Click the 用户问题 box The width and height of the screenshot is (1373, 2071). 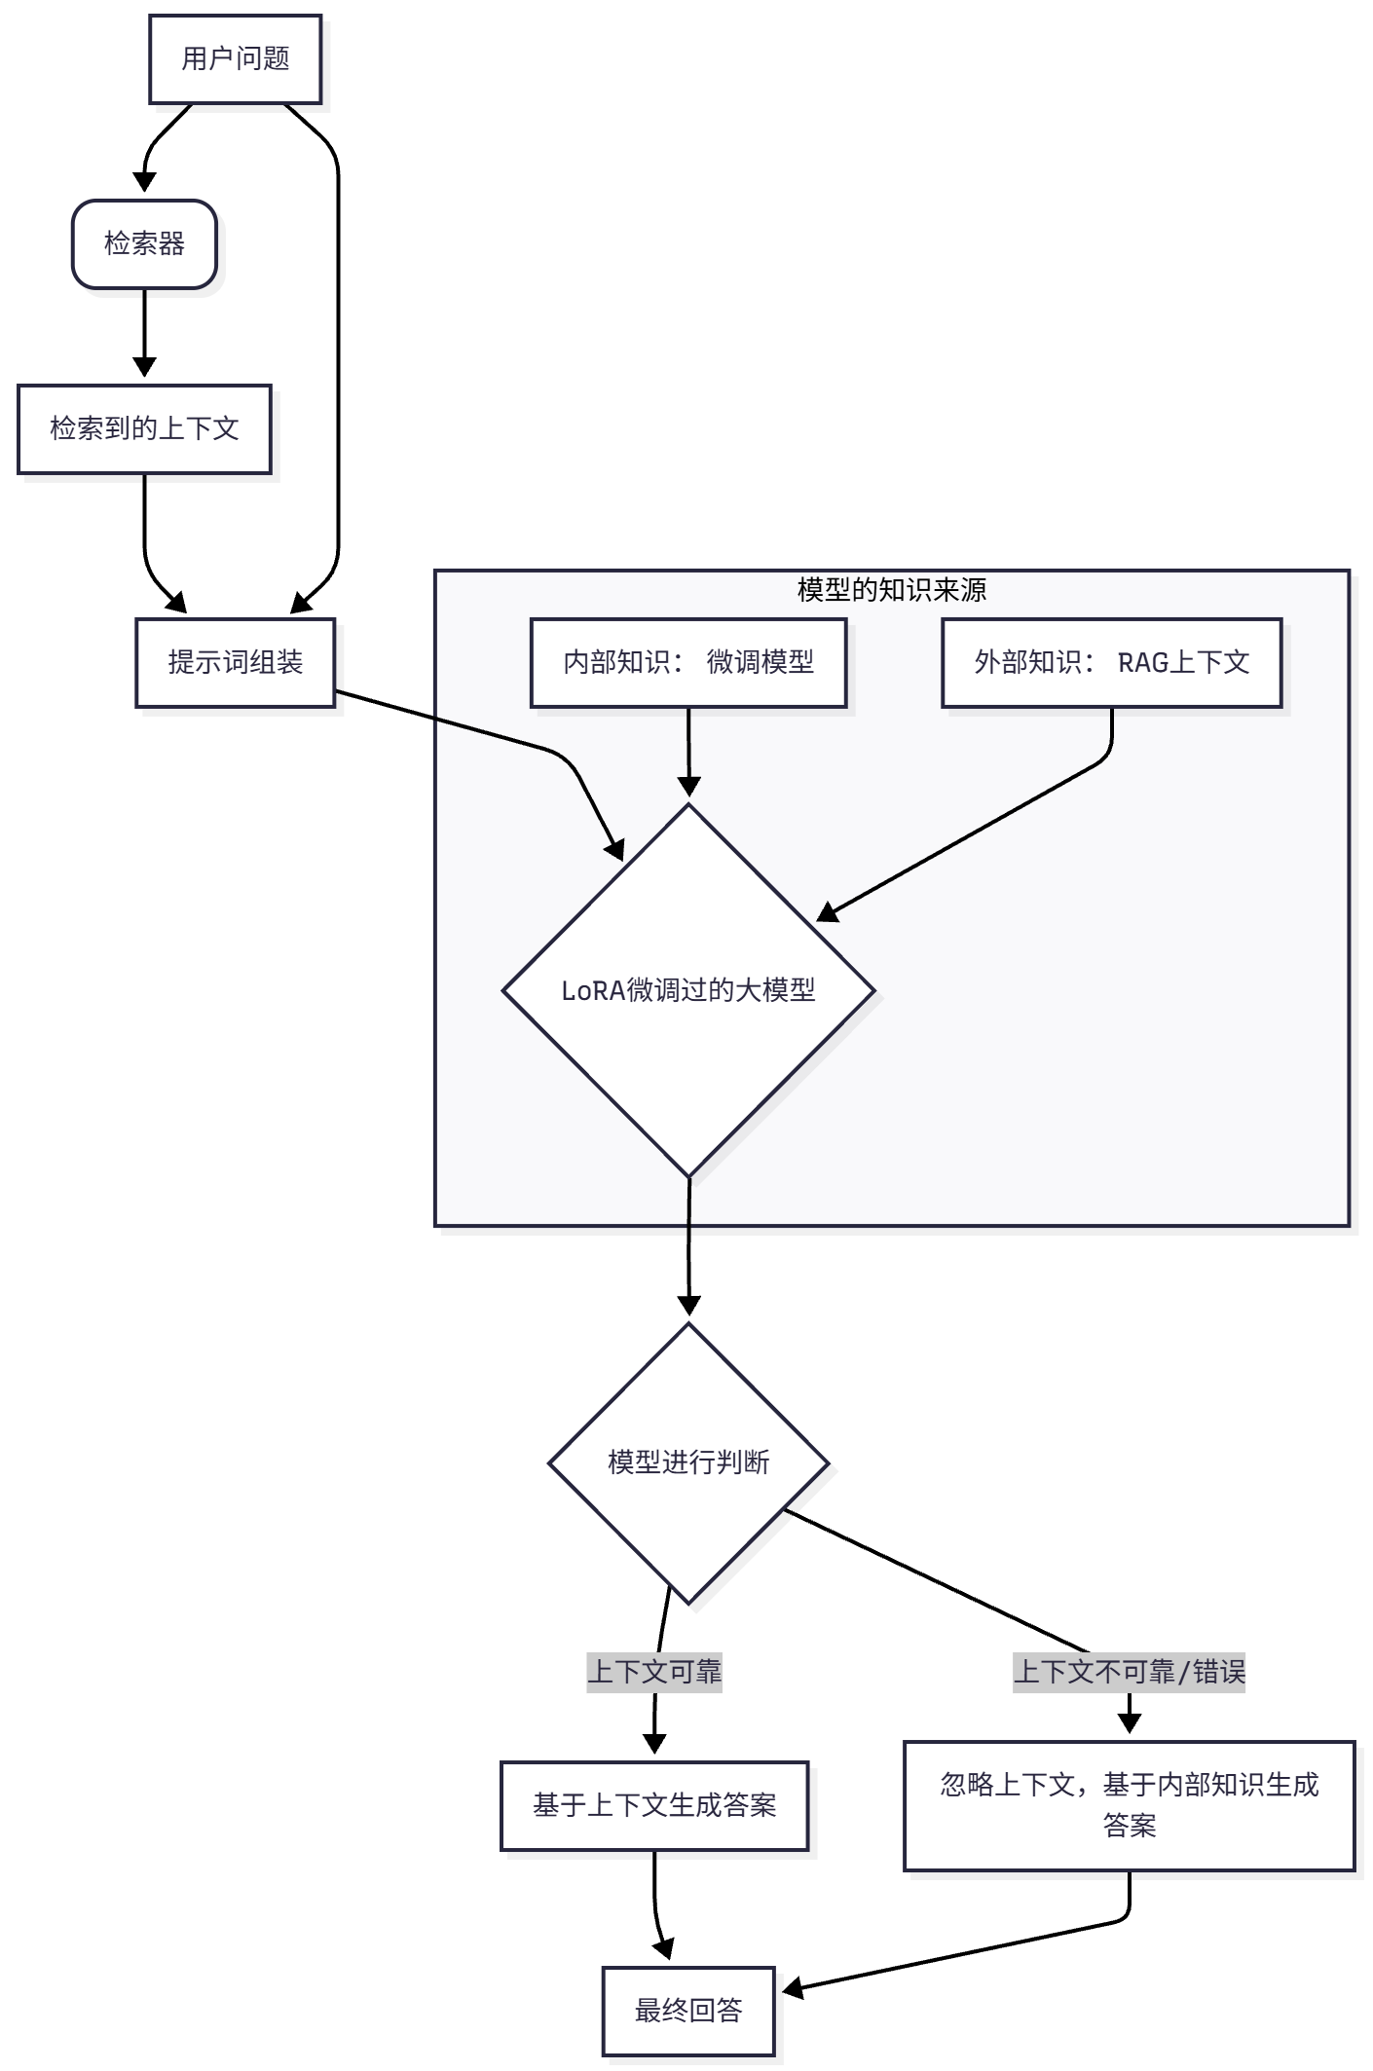235,59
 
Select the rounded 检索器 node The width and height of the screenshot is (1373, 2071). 144,244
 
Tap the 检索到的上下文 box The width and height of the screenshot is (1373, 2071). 144,429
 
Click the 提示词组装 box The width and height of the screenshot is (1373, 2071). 235,663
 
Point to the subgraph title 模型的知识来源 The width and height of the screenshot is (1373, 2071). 891,590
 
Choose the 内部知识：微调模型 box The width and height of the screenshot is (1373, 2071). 687,663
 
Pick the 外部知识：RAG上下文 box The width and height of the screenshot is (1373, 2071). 1111,663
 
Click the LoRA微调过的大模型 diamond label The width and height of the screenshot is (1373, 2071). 687,990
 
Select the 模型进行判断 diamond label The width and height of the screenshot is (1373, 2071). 687,1462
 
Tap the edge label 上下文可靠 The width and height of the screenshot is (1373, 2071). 653,1673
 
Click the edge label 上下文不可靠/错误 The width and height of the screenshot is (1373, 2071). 1129,1673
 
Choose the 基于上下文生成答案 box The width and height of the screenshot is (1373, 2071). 653,1806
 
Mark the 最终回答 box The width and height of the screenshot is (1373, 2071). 687,2011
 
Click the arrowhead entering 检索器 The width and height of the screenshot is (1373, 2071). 144,183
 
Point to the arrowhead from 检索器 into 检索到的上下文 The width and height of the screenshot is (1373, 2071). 144,367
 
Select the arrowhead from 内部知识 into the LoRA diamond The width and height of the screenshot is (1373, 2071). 688,787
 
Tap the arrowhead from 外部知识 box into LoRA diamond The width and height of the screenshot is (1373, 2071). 828,912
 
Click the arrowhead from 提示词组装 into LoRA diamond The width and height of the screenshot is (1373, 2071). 614,849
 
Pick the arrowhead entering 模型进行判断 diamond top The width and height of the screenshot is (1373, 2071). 688,1306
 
